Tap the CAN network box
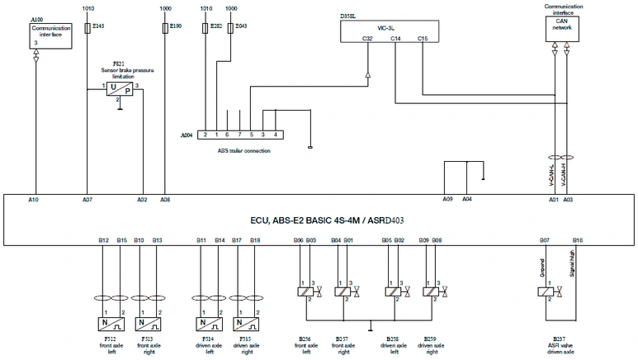click(x=561, y=28)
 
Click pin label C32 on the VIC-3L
click(x=368, y=39)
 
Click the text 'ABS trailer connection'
click(x=243, y=150)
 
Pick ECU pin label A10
click(x=33, y=200)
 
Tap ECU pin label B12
click(x=103, y=239)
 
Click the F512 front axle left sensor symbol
click(x=112, y=323)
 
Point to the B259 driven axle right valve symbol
click(x=430, y=291)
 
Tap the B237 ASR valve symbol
click(x=546, y=291)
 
